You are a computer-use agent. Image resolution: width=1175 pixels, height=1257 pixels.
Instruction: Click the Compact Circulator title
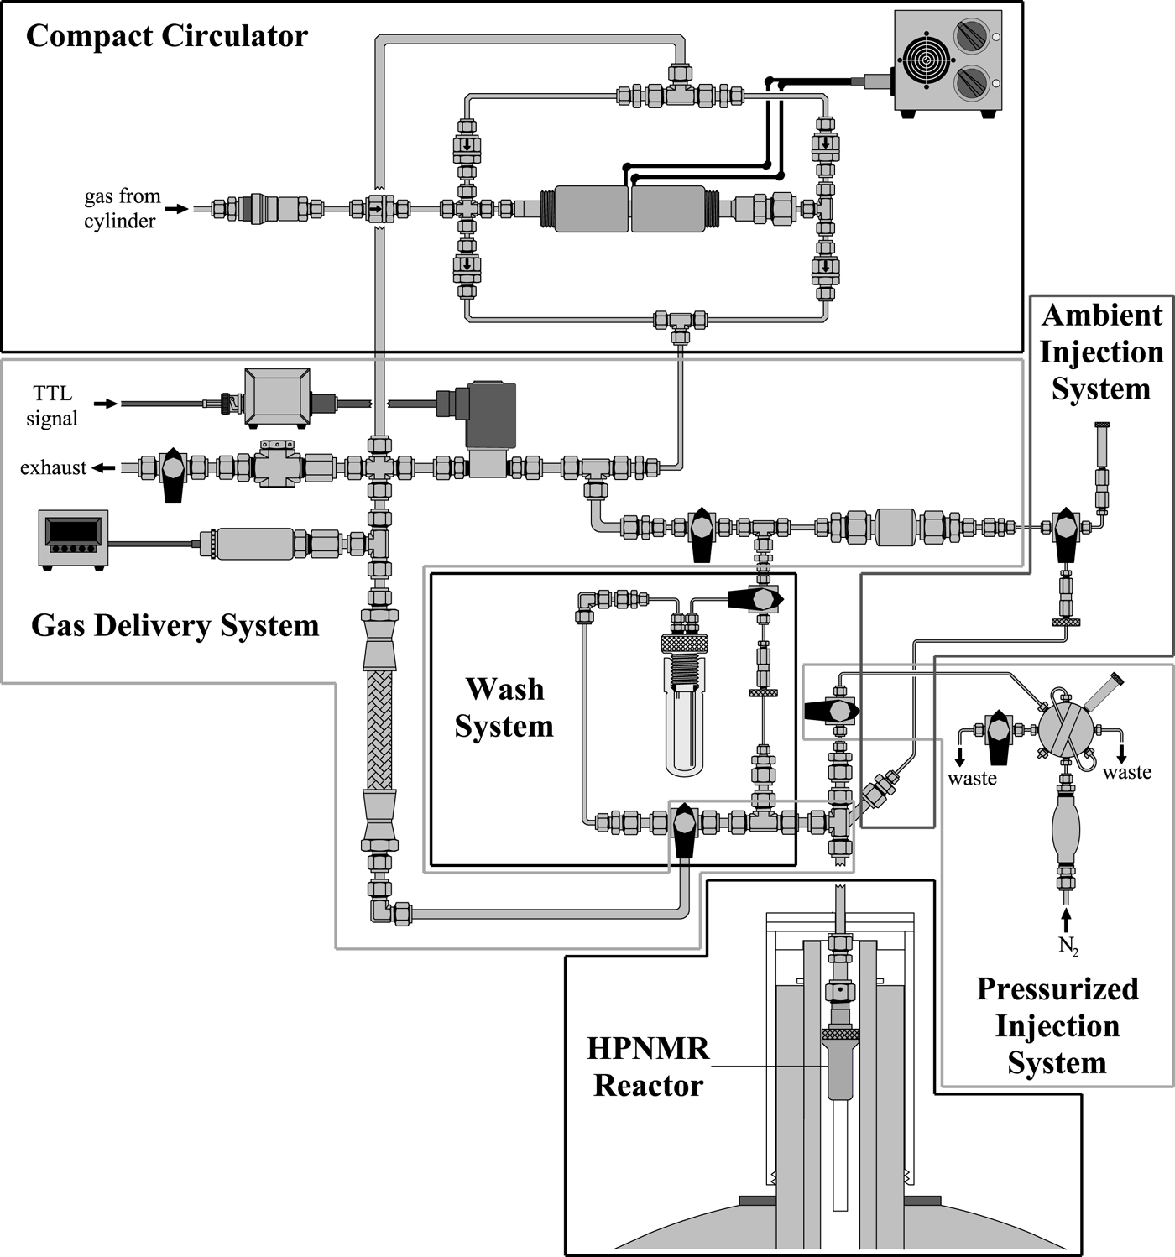pos(167,36)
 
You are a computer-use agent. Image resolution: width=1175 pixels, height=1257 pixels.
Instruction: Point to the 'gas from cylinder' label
pos(122,208)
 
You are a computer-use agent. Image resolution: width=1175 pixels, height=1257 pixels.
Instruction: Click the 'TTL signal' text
pos(52,405)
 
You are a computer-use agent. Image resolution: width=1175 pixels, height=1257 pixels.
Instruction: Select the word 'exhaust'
pos(53,467)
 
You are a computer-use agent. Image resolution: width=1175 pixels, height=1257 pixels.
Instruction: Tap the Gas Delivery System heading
pos(175,625)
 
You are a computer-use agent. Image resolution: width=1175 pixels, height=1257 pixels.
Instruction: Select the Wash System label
pos(504,707)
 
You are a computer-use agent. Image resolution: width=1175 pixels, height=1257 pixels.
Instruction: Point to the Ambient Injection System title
pos(1101,352)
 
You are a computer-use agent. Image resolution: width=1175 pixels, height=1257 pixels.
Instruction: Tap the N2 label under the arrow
pos(1068,946)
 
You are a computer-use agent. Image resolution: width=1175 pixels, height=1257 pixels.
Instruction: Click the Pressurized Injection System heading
pos(1057,1025)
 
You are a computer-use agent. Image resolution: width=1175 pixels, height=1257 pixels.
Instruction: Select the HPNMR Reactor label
pos(648,1067)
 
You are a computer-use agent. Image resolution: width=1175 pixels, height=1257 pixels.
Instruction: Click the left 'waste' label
pos(972,778)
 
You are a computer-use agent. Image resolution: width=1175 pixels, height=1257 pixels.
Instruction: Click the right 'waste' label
pos(1127,771)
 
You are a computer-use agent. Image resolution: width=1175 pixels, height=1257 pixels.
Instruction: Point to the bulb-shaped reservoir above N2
pos(1065,827)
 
